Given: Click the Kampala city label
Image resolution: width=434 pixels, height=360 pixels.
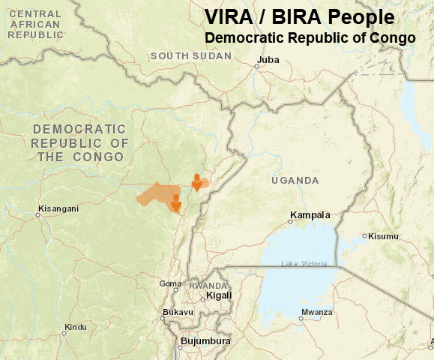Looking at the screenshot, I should pyautogui.click(x=310, y=215).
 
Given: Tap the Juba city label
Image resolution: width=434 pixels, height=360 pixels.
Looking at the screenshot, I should pyautogui.click(x=267, y=59).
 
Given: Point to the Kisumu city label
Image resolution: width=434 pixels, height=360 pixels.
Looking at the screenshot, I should pyautogui.click(x=383, y=236).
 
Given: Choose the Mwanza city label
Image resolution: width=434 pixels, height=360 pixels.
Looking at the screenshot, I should pyautogui.click(x=316, y=312).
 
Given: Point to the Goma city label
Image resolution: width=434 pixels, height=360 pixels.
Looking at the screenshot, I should pyautogui.click(x=170, y=283).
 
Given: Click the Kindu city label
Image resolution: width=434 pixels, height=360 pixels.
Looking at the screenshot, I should pyautogui.click(x=75, y=327).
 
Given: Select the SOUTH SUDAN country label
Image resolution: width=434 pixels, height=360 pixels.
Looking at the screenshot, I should pyautogui.click(x=191, y=56).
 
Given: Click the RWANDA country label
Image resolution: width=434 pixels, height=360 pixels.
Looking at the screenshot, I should pyautogui.click(x=207, y=286).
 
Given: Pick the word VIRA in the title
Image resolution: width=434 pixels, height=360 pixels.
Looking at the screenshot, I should pyautogui.click(x=230, y=16).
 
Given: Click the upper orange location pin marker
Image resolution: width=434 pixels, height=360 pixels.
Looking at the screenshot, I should pyautogui.click(x=196, y=182).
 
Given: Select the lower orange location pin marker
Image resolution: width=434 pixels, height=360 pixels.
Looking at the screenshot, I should pyautogui.click(x=175, y=203).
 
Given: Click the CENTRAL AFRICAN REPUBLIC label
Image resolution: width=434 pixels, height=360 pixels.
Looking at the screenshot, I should pyautogui.click(x=35, y=24).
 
